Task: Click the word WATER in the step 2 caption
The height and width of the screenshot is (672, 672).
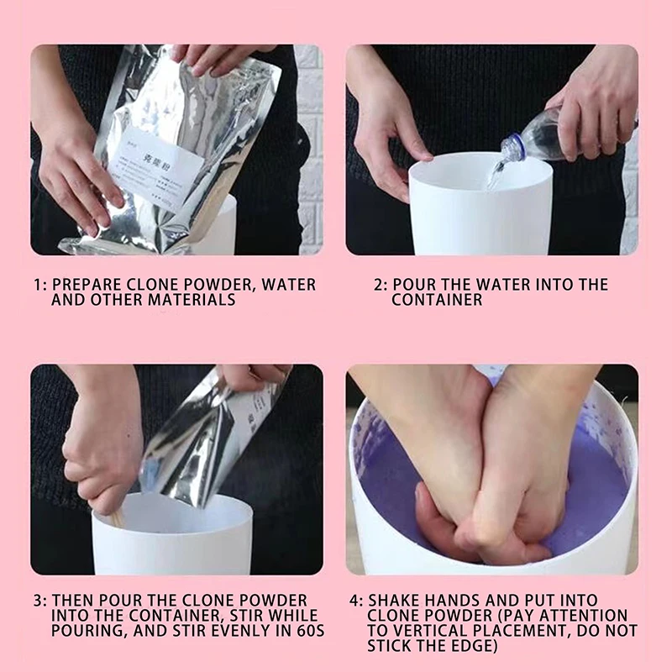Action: coord(505,285)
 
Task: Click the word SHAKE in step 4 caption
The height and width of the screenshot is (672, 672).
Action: coord(395,601)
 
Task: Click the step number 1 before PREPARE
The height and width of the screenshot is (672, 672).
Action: coord(38,285)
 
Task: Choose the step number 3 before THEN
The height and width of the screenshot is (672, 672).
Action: coord(38,601)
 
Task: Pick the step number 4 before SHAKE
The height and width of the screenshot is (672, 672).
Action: coord(352,601)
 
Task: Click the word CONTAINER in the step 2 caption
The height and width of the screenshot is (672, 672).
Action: coord(437,300)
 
